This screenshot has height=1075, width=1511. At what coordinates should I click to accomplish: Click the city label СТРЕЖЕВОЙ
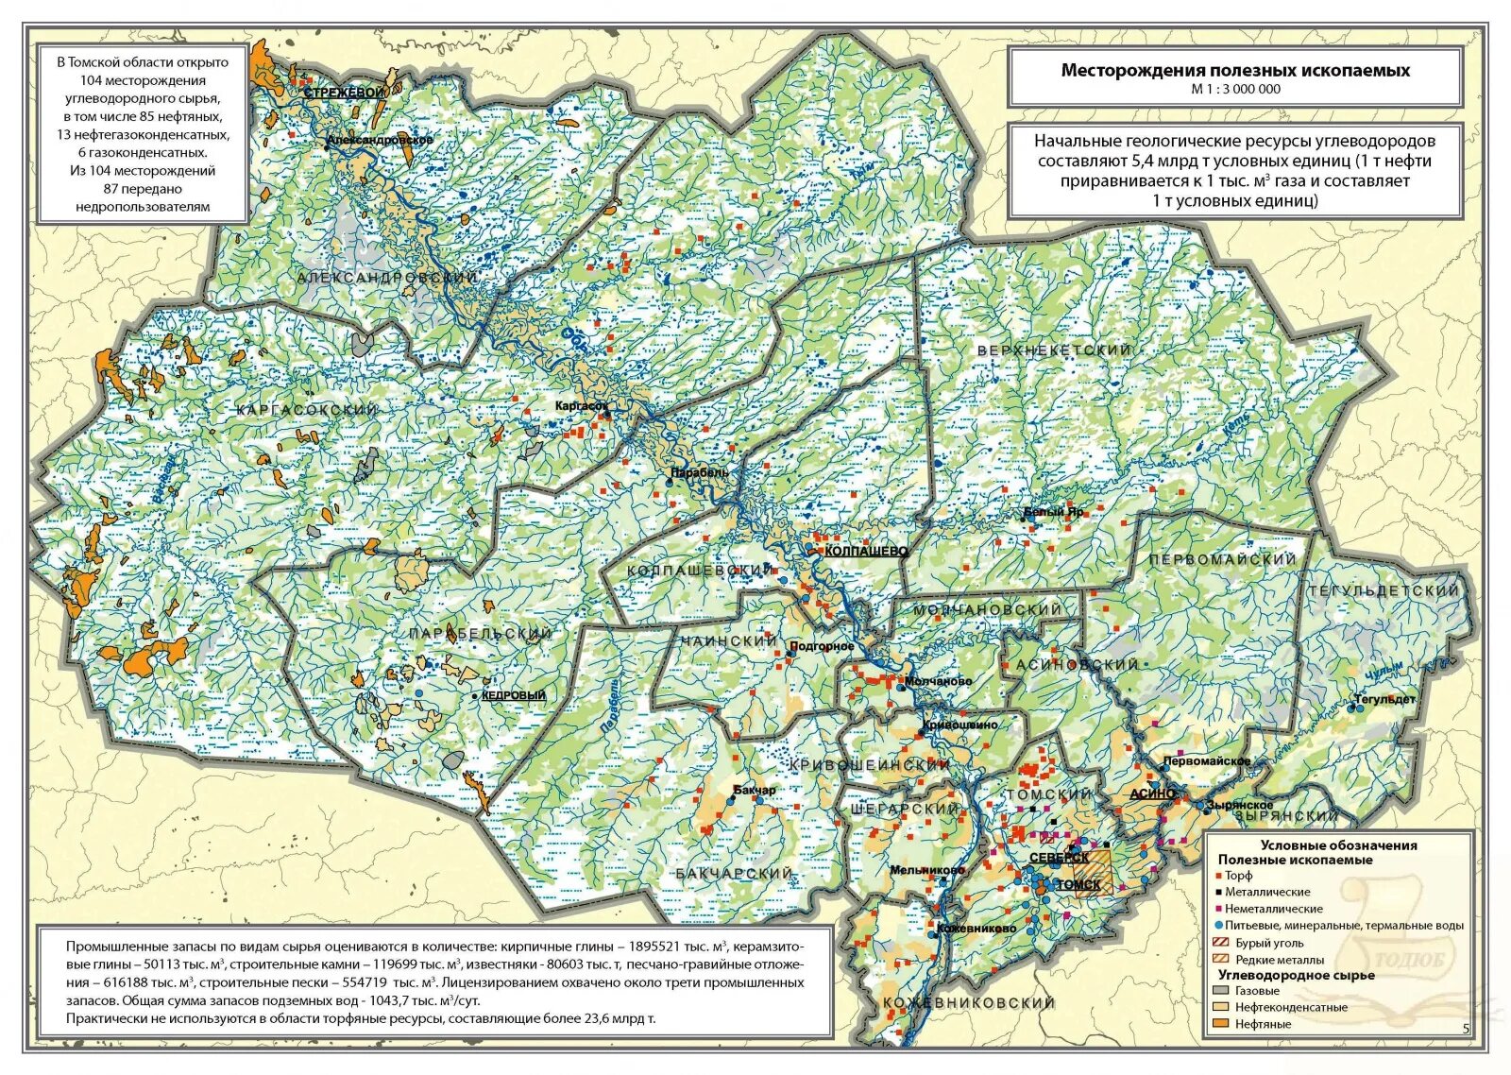(345, 93)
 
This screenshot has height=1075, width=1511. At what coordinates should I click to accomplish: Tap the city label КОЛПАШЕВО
(866, 551)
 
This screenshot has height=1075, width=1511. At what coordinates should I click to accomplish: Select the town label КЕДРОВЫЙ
(514, 695)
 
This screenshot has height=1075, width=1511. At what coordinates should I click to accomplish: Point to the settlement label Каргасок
(582, 405)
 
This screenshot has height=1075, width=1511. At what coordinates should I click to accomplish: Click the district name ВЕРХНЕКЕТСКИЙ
(1054, 350)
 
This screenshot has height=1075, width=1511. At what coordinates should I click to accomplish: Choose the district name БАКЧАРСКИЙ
(734, 874)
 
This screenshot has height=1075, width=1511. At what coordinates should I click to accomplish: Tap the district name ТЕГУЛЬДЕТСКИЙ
(1384, 590)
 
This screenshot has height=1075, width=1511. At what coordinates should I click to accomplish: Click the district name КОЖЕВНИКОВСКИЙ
(968, 1002)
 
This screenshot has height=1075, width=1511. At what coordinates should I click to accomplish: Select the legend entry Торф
(1239, 876)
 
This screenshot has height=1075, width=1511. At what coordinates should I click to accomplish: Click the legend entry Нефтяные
(1263, 1024)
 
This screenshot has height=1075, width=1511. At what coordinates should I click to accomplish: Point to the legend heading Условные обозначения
(1338, 845)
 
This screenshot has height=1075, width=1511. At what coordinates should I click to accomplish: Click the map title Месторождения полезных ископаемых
(1235, 70)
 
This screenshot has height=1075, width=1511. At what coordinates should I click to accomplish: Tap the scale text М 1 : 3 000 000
(1235, 89)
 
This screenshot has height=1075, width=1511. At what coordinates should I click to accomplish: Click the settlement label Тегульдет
(1384, 700)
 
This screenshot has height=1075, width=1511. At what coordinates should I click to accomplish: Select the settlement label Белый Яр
(1054, 512)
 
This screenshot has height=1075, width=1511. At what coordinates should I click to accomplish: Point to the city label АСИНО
(1152, 793)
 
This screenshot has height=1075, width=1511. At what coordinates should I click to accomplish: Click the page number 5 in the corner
(1466, 1030)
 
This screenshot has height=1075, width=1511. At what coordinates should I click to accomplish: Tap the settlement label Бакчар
(755, 790)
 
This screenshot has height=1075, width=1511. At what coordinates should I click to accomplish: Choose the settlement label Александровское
(380, 140)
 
